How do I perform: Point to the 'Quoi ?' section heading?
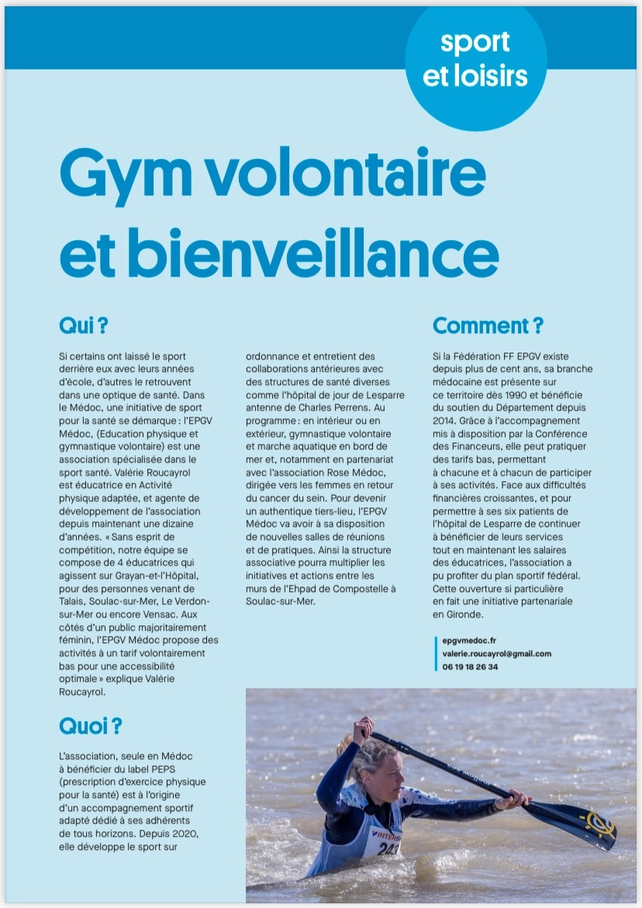(90, 726)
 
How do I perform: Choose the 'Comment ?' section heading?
(488, 325)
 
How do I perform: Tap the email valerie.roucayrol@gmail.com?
(492, 654)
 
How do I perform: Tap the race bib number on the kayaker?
(388, 848)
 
